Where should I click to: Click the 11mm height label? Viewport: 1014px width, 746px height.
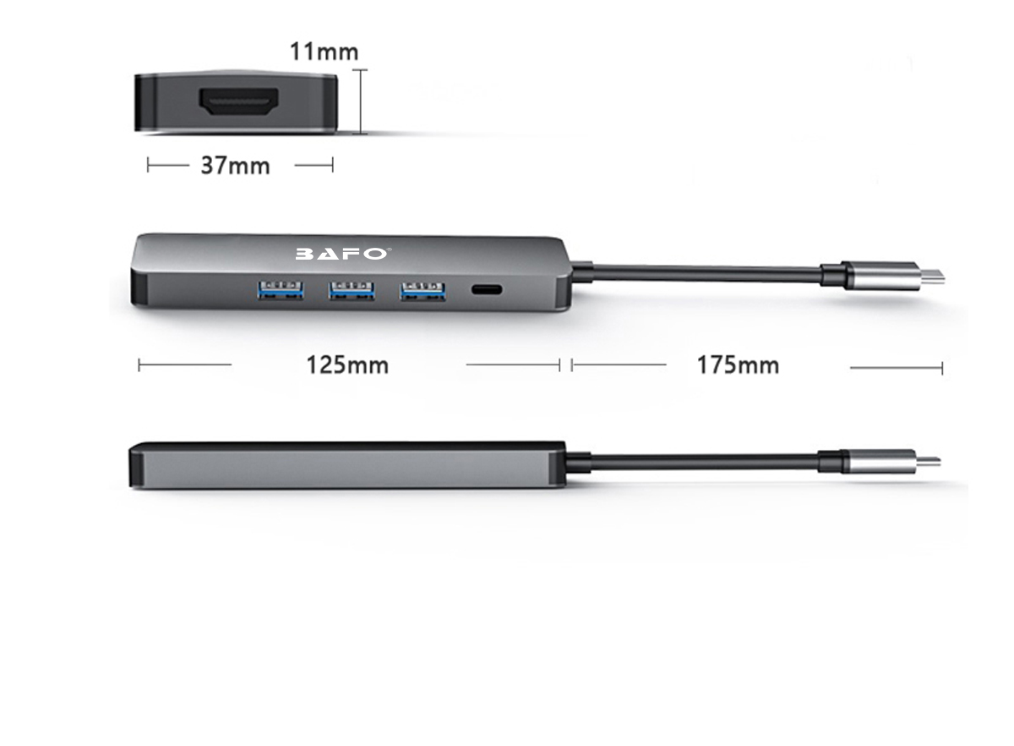pyautogui.click(x=324, y=52)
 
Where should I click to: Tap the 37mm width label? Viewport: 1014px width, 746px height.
pyautogui.click(x=235, y=166)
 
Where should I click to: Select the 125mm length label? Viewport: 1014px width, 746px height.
pyautogui.click(x=347, y=365)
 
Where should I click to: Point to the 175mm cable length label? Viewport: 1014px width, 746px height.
pyautogui.click(x=738, y=365)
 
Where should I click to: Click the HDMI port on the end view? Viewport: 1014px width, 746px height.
pyautogui.click(x=239, y=102)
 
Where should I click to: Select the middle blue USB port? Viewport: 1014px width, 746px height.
pyautogui.click(x=352, y=290)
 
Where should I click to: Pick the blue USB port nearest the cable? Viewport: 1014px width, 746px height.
pyautogui.click(x=423, y=290)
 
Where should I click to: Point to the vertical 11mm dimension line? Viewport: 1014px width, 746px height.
pyautogui.click(x=363, y=101)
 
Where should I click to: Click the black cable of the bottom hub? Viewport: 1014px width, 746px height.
pyautogui.click(x=693, y=461)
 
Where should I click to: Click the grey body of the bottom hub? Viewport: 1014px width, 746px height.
pyautogui.click(x=346, y=467)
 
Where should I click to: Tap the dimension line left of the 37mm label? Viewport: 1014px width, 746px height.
pyautogui.click(x=167, y=166)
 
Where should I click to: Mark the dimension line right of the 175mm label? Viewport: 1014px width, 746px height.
pyautogui.click(x=896, y=368)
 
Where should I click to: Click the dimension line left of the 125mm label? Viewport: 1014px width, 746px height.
pyautogui.click(x=184, y=365)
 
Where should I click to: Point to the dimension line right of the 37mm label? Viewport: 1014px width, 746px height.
pyautogui.click(x=313, y=166)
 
